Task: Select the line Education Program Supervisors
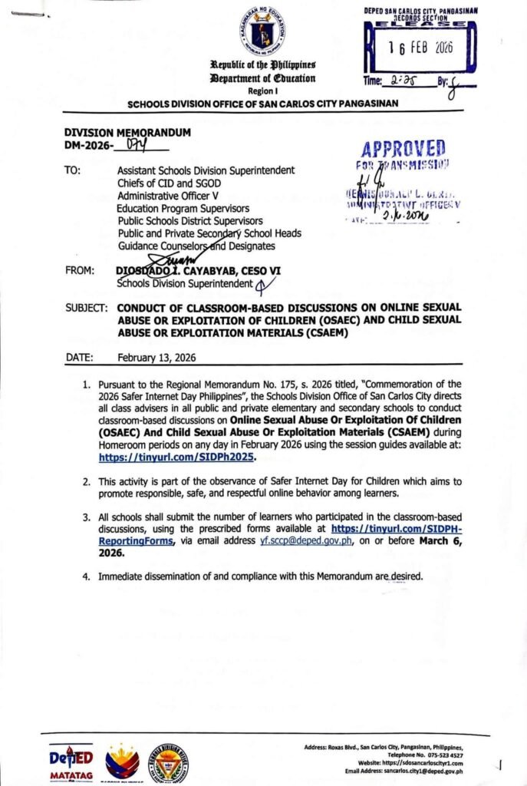[x=183, y=207]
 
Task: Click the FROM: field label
[x=80, y=271]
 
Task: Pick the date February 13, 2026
[x=156, y=358]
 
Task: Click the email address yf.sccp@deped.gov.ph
[x=306, y=540]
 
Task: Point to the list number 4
[x=87, y=576]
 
